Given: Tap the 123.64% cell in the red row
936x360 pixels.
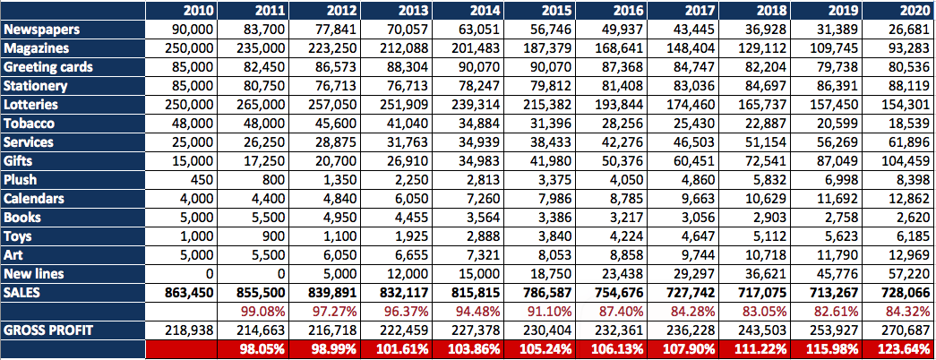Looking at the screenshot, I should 903,348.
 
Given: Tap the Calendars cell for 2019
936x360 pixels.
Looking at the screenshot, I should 838,199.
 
